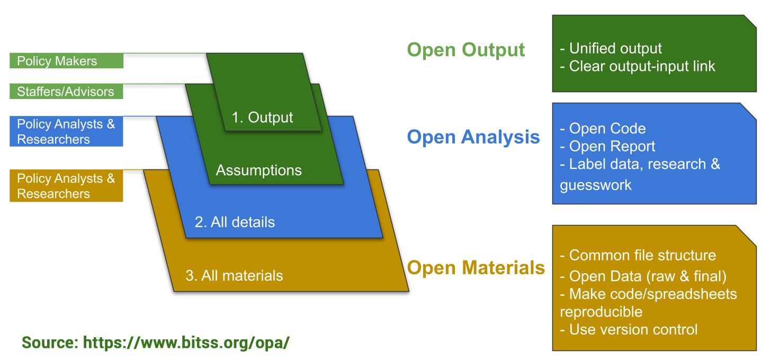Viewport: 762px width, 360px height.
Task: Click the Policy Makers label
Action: pos(66,61)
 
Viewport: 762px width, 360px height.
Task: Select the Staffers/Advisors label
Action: pos(66,92)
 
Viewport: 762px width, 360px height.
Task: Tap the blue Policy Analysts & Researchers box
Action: pos(66,132)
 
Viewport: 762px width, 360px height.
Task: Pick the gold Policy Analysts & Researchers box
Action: pos(66,186)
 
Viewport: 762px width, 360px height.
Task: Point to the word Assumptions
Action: pos(258,170)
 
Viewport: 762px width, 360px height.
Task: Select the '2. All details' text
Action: pos(235,222)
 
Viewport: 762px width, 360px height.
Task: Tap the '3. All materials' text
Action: pos(234,276)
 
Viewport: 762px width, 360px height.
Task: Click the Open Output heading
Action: pos(466,50)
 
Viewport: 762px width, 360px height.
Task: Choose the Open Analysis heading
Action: pos(473,137)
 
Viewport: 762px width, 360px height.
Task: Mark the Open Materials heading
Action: pos(476,267)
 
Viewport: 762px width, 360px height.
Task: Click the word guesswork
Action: pos(596,185)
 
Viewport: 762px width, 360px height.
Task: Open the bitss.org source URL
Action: pos(186,342)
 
